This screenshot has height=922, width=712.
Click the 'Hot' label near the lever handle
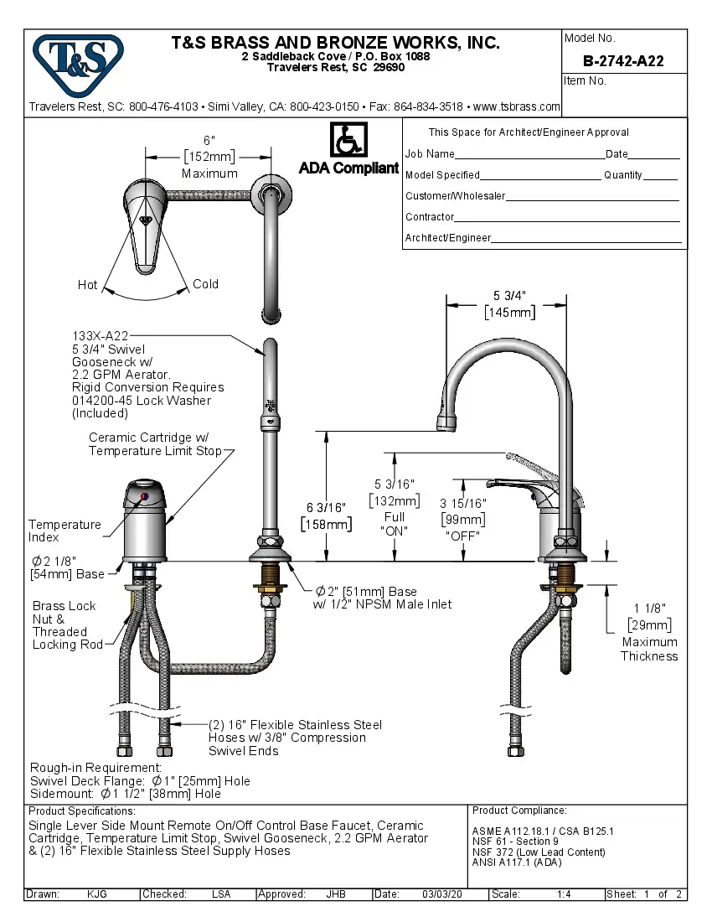88,285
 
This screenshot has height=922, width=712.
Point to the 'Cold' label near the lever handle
205,284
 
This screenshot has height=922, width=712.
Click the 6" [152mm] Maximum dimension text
209,156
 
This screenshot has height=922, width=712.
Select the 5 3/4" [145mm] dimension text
509,303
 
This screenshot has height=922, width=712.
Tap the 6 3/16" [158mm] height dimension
327,515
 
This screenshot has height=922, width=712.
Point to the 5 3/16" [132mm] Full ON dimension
394,507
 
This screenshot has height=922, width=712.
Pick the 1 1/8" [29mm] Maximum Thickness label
649,633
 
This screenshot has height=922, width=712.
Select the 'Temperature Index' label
64,531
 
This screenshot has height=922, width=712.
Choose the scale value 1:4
564,894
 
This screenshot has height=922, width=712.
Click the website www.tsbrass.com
516,107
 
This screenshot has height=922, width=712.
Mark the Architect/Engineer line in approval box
543,238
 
